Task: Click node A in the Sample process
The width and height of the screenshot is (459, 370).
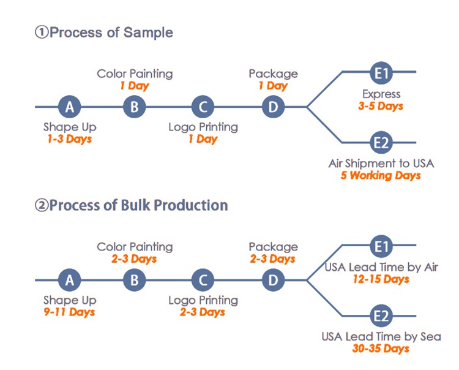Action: (x=70, y=107)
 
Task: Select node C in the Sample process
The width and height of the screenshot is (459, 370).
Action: (x=203, y=107)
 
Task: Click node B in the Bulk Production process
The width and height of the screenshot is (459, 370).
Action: (x=134, y=281)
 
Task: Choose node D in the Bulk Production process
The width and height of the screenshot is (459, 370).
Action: (x=273, y=281)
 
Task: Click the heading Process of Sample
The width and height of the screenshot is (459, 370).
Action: (x=111, y=32)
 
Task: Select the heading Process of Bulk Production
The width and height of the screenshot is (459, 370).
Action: (x=138, y=205)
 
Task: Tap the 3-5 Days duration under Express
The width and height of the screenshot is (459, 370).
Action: (x=381, y=106)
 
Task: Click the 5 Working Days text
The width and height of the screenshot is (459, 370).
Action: (x=381, y=175)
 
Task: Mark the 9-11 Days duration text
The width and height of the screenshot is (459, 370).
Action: (x=69, y=312)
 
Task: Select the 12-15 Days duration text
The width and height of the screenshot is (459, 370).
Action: (x=381, y=279)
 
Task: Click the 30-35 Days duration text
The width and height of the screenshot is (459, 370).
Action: (x=381, y=349)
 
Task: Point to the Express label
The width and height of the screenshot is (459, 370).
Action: (x=381, y=94)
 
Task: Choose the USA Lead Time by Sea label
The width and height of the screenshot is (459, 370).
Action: (x=381, y=336)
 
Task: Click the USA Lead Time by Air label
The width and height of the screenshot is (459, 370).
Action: (x=381, y=267)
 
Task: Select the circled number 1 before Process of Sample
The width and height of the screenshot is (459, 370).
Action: (x=41, y=32)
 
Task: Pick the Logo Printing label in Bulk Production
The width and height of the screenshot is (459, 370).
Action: (x=203, y=300)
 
